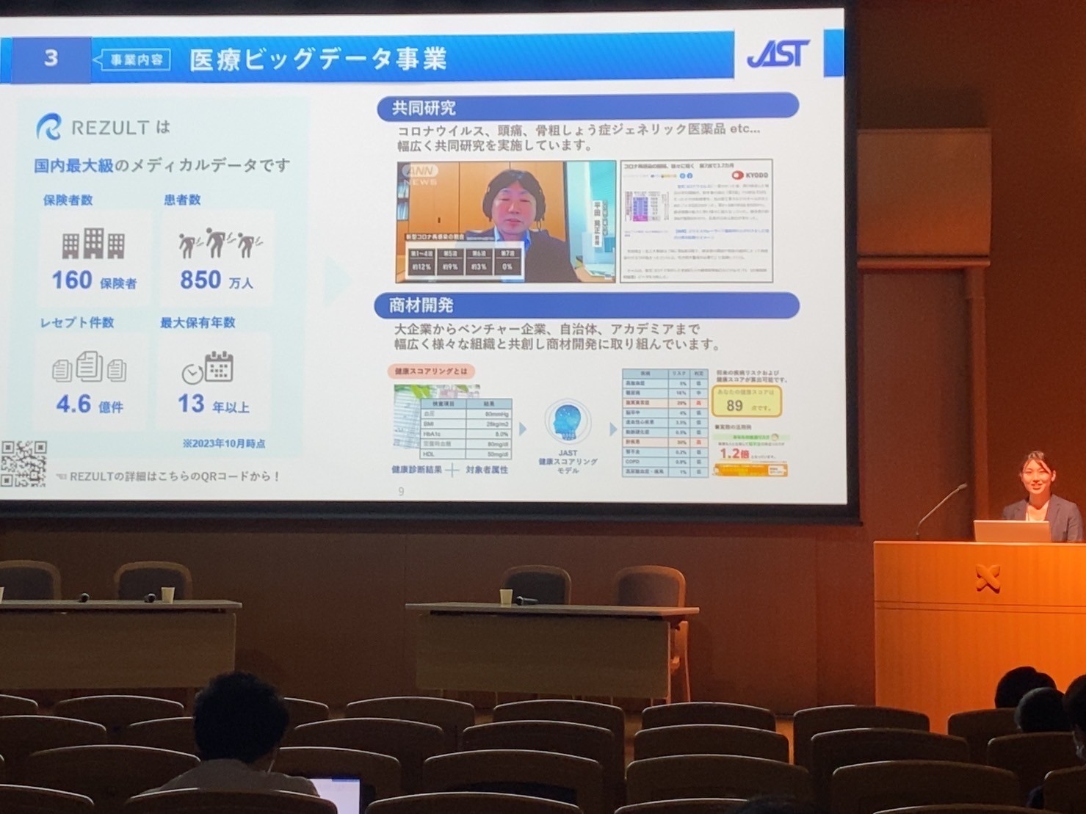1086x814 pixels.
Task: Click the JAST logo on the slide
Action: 778,54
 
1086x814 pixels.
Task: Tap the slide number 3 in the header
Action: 51,58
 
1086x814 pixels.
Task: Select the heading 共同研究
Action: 424,108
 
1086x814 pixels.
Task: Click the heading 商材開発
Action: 421,305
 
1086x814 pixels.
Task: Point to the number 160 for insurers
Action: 71,280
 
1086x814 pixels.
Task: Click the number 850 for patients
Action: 200,280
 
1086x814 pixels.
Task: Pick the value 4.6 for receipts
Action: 73,404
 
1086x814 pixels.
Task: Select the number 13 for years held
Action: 191,403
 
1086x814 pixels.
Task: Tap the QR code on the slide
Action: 23,463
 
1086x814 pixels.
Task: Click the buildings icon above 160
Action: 93,244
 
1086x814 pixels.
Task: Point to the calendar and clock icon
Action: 208,368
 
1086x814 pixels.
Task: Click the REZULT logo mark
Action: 49,127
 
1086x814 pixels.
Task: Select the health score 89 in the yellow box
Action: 735,405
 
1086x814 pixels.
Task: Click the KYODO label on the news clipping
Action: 750,175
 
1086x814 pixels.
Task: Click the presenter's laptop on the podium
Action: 1011,531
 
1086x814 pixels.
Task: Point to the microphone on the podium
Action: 939,508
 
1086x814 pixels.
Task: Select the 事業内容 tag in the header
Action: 136,59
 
